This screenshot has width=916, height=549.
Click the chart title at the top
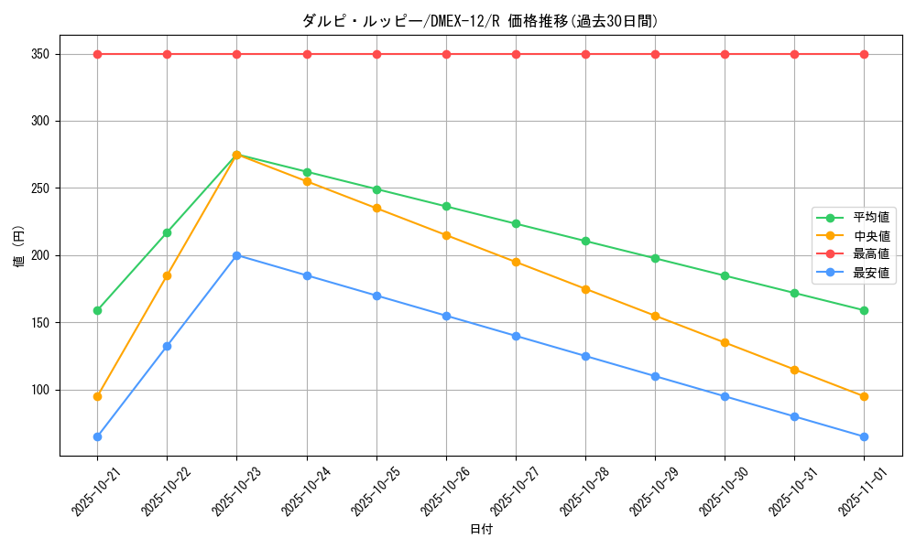tap(480, 21)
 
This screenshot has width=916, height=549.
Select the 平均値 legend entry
tap(870, 218)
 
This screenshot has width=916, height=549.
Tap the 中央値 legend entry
tap(870, 236)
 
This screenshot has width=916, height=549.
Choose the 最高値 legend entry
tap(870, 254)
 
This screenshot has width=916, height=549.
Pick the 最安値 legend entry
tap(870, 273)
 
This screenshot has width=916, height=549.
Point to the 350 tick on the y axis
tap(38, 54)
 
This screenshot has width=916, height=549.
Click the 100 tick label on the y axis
tap(38, 390)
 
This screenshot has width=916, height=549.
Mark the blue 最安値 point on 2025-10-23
tap(236, 255)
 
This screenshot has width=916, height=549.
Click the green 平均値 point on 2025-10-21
tap(97, 310)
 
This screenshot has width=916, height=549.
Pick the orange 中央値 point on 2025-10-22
tap(167, 275)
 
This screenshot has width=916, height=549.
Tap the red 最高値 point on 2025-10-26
tap(446, 54)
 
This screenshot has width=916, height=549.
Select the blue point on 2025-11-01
tap(864, 436)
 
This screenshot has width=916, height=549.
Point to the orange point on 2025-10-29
tap(655, 316)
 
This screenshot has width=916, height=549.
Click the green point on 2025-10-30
tap(725, 275)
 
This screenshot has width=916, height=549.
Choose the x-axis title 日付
tap(481, 530)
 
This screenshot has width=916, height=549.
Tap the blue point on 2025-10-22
tap(167, 346)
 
